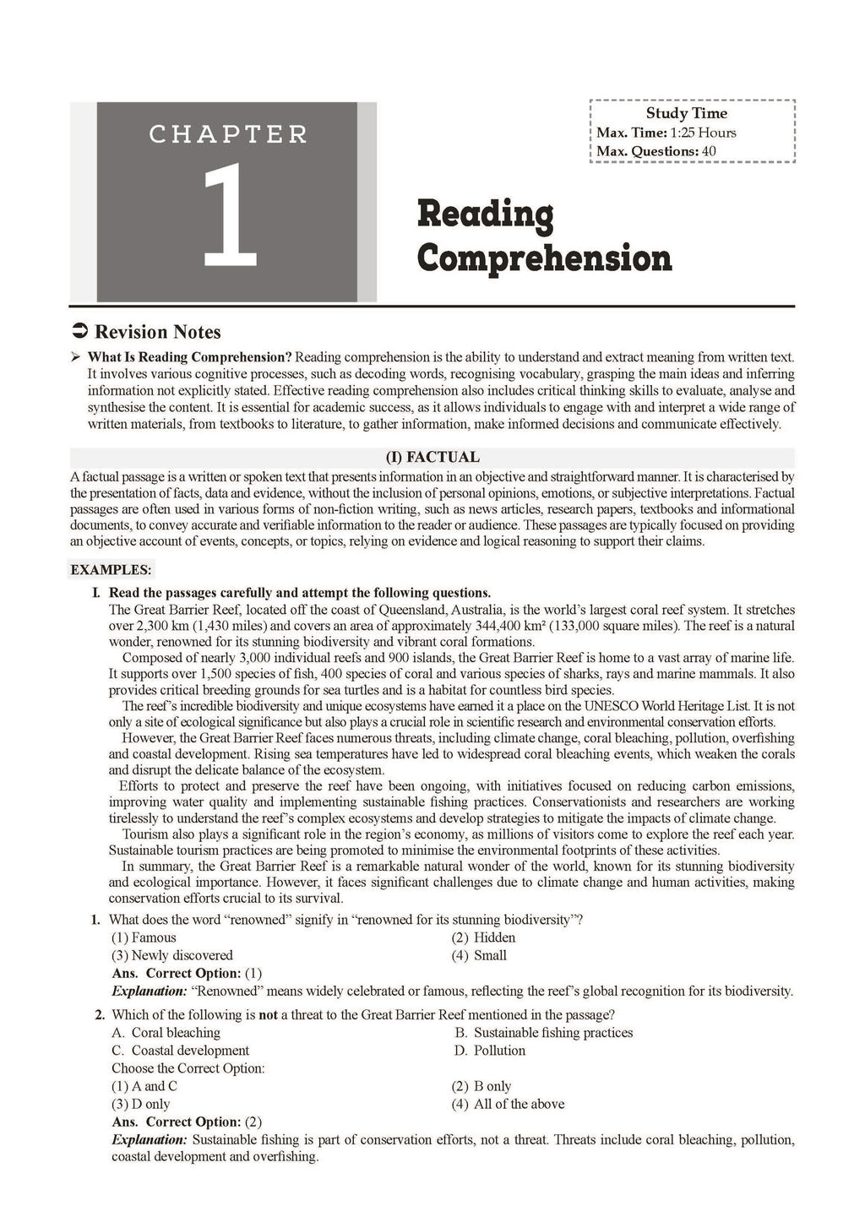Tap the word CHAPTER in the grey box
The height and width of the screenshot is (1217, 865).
(x=228, y=134)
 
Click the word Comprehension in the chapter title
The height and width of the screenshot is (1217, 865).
(x=544, y=258)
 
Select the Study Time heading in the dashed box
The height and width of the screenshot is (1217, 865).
(x=686, y=113)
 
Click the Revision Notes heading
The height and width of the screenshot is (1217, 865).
(x=158, y=332)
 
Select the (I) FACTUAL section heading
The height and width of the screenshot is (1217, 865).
(x=432, y=457)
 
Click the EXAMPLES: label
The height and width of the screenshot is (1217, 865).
(x=111, y=570)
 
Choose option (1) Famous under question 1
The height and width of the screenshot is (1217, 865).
(x=144, y=937)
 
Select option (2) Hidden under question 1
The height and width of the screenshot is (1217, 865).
(x=483, y=937)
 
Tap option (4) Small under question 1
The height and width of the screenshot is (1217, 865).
(x=479, y=955)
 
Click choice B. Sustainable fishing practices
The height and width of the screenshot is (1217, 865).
(x=543, y=1032)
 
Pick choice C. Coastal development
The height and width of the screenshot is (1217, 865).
(x=180, y=1051)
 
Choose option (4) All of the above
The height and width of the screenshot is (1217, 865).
(x=508, y=1104)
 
